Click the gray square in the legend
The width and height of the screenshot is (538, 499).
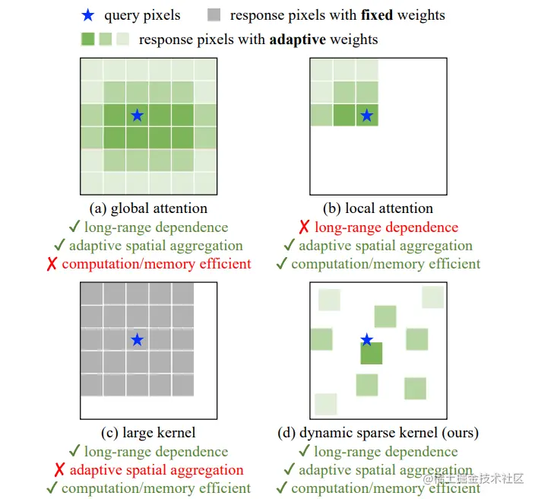pos(213,14)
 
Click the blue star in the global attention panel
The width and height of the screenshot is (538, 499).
pos(137,116)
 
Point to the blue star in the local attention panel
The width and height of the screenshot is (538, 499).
pos(366,116)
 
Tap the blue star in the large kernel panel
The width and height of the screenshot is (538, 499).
pos(137,340)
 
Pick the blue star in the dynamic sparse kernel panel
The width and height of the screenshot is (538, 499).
pos(366,339)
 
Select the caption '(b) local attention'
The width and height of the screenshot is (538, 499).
pos(378,208)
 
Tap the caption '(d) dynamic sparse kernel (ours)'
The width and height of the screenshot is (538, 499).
pos(378,433)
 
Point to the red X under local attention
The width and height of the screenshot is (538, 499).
pos(303,227)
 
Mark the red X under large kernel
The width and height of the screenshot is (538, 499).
pos(59,470)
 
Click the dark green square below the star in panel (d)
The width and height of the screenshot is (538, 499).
pos(371,354)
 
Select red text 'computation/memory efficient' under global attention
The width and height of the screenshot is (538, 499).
pos(157,264)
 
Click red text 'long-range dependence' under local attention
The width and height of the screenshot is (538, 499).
pos(386,227)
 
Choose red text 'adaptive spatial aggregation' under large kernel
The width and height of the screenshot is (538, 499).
pos(157,470)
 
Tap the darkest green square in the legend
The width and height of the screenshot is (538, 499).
pos(87,39)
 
